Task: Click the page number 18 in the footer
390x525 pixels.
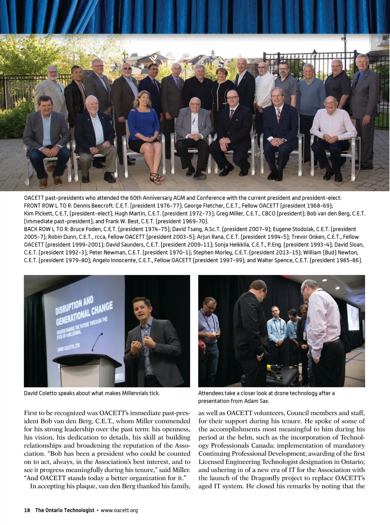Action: coord(27,510)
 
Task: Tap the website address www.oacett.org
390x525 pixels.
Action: coord(119,510)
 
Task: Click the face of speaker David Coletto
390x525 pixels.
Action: coord(142,310)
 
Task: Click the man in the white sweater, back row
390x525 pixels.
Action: coord(264,90)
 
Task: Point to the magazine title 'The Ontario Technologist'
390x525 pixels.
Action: coord(65,510)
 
